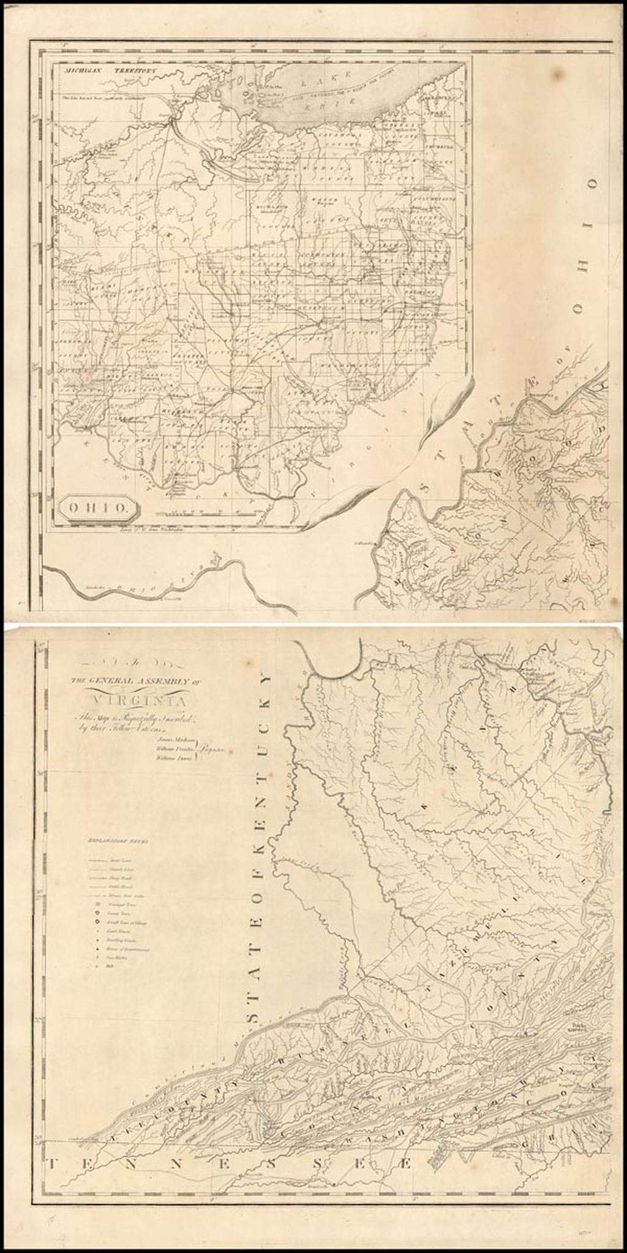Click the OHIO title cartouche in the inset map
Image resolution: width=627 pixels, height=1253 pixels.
point(96,506)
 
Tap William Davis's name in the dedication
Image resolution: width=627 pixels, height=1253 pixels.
point(173,758)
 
